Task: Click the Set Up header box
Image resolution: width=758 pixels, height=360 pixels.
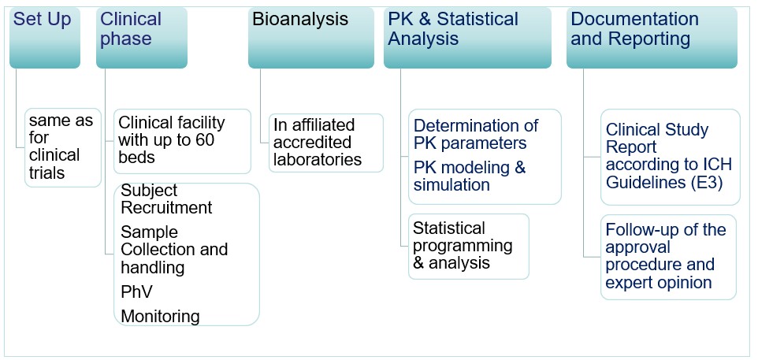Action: [44, 37]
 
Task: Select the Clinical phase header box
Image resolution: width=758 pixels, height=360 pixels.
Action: [142, 37]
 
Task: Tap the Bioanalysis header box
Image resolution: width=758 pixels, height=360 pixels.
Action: [311, 37]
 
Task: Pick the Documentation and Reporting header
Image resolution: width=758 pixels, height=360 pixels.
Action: [652, 37]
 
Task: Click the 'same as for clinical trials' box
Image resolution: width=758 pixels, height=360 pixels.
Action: [62, 147]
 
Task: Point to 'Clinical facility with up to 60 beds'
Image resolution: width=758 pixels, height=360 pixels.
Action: [182, 140]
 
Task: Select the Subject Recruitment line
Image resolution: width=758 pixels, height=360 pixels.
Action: [166, 199]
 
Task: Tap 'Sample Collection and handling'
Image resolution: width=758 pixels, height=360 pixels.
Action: [174, 250]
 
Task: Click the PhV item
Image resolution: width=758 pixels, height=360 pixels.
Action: [136, 291]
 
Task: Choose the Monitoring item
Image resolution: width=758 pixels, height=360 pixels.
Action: [160, 316]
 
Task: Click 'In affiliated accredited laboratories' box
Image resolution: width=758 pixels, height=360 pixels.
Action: [325, 142]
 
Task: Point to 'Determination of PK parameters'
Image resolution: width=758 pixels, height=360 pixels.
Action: [476, 134]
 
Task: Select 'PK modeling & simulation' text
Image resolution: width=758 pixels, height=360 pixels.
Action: [470, 176]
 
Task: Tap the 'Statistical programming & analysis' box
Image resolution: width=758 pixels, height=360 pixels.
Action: [468, 245]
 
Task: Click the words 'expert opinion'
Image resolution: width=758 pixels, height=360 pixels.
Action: [659, 282]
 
